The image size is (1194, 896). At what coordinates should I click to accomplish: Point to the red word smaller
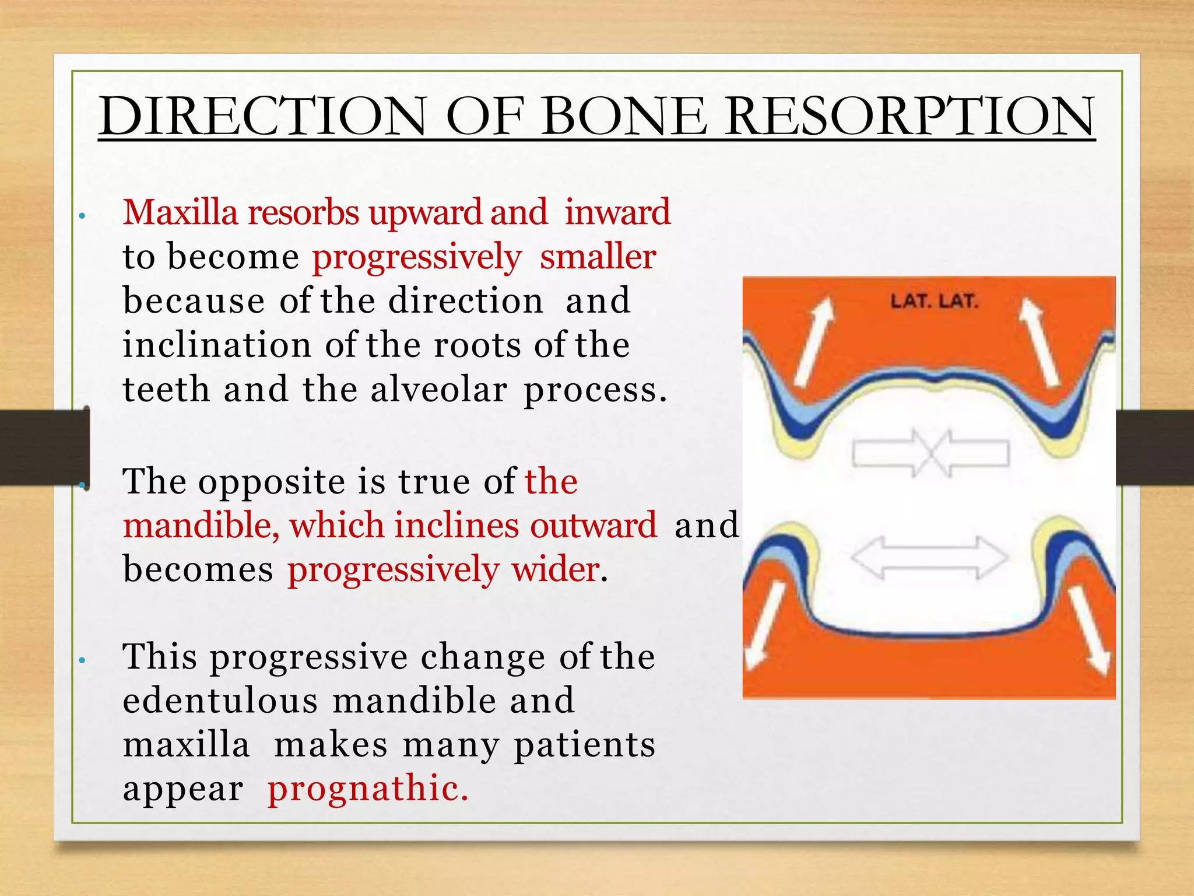(598, 257)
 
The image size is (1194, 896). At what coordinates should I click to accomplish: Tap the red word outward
(593, 524)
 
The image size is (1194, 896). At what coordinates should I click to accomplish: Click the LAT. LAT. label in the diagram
(934, 302)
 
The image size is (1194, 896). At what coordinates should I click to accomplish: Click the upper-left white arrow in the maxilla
(815, 342)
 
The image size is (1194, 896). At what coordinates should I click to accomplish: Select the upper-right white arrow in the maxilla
(1040, 342)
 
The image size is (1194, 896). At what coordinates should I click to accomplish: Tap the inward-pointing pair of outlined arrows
(930, 453)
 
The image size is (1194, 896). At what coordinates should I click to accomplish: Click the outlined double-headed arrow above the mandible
(929, 558)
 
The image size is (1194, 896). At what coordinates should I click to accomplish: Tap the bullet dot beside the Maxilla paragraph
(83, 216)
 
